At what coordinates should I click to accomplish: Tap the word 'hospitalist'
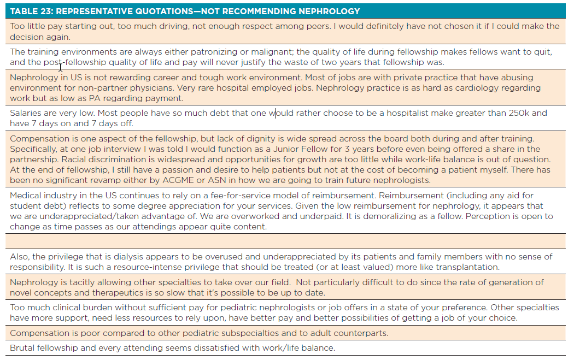395,113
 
